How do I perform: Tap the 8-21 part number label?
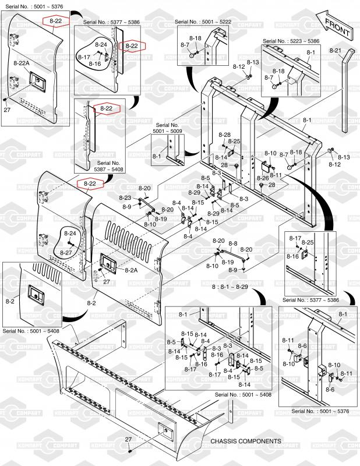[x=334, y=51]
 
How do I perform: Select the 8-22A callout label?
[x=22, y=62]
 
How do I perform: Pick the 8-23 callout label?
[x=125, y=197]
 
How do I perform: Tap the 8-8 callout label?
[x=232, y=243]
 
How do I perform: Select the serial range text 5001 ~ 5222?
[x=216, y=22]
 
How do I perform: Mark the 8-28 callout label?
[x=225, y=135]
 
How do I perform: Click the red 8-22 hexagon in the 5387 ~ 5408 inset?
[x=106, y=109]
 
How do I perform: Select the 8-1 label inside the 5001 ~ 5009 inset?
[x=157, y=157]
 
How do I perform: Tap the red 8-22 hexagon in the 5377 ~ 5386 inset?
[x=132, y=45]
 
